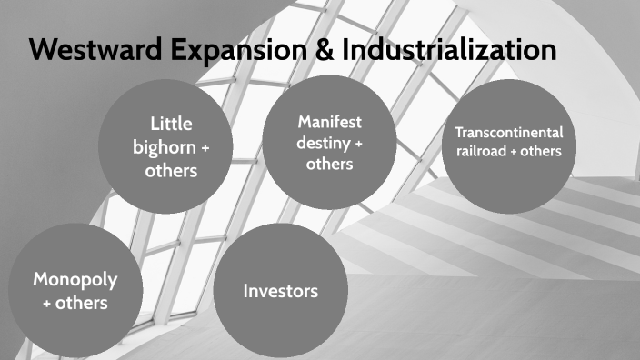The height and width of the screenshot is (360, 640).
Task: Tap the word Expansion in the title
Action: pos(222,51)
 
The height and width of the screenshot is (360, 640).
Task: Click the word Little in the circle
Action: pos(171,124)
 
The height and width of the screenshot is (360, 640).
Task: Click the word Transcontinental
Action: pos(508,133)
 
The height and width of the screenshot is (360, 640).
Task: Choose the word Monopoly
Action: pos(75,279)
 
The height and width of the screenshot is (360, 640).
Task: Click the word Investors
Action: pos(281,291)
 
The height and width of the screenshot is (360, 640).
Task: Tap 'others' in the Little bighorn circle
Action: pos(171,170)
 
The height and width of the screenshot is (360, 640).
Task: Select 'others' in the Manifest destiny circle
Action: pos(329,164)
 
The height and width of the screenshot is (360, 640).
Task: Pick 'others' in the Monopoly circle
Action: pos(82,303)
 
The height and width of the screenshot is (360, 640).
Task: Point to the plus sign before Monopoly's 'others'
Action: pos(47,304)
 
